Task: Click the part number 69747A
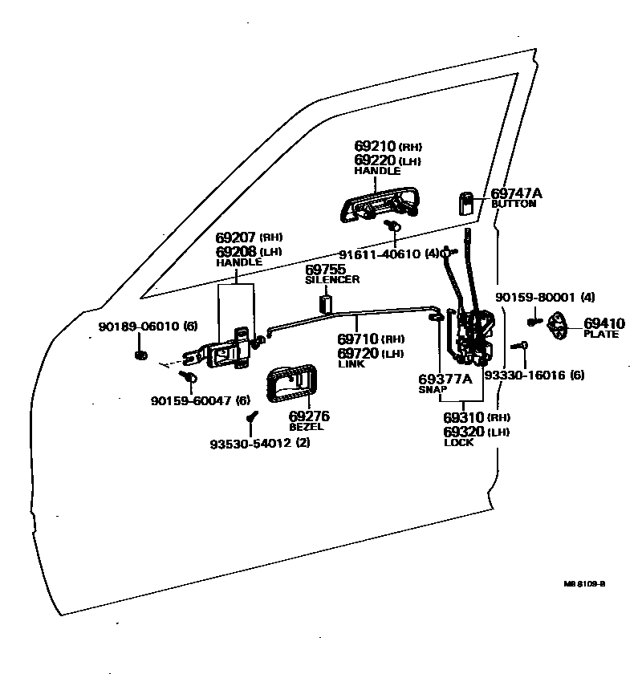point(516,193)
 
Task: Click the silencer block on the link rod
point(326,304)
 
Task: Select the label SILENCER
point(332,280)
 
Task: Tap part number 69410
point(602,323)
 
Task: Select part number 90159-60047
point(189,400)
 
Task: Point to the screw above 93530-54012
point(250,417)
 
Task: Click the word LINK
point(351,364)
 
